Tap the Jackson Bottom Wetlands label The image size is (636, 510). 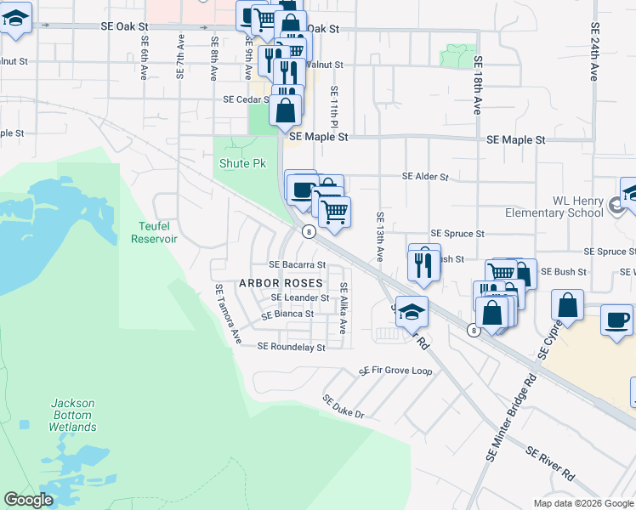[x=72, y=415]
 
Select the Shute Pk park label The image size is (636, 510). [x=242, y=163]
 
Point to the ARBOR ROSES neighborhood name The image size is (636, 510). [x=280, y=282]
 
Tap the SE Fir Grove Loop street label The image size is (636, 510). [x=395, y=371]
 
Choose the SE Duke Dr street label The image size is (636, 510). [x=343, y=406]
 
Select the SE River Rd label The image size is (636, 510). [x=549, y=462]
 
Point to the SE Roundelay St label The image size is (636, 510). [x=291, y=347]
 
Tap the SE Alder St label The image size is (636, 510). [x=424, y=177]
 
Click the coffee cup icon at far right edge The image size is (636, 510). [x=617, y=320]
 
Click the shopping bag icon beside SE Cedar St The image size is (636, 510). [x=287, y=110]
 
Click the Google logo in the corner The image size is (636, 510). [x=28, y=500]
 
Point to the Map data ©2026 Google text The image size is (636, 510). [x=582, y=503]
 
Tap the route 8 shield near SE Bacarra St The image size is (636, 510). [x=309, y=231]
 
